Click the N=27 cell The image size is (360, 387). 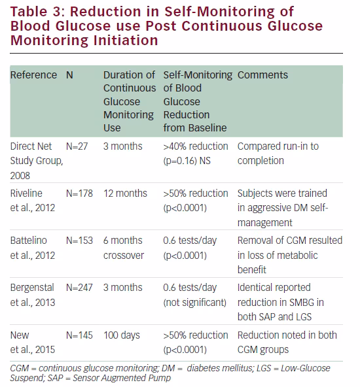point(77,146)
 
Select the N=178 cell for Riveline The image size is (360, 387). point(79,193)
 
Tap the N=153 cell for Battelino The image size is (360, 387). point(79,241)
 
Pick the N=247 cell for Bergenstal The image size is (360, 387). point(79,288)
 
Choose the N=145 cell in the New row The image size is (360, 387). point(79,335)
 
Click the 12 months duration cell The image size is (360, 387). point(125,193)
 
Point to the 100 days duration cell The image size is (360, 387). point(122,335)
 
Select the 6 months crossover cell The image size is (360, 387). point(124,248)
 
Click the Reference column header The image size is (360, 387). point(33,75)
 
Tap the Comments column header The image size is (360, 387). point(262,75)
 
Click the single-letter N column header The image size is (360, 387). point(69,75)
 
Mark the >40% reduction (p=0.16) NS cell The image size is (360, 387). point(196,154)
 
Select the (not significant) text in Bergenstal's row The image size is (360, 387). point(194,303)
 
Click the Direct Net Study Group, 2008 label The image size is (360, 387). point(37,161)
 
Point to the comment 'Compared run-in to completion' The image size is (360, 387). point(278,154)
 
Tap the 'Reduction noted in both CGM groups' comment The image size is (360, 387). point(287,343)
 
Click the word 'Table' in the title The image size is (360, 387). point(29,12)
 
